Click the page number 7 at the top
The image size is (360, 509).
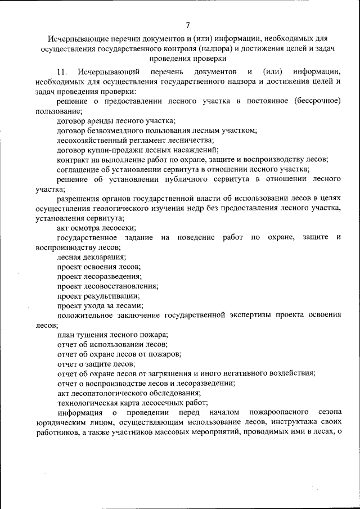coord(187,25)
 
